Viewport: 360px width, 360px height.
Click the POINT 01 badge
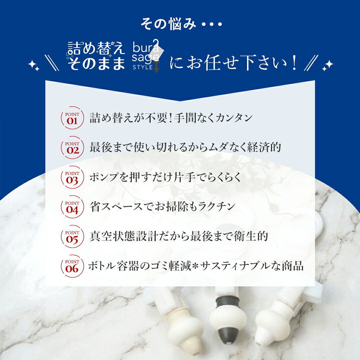coord(72,118)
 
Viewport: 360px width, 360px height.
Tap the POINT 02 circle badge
coord(72,147)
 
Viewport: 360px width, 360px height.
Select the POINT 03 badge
coord(72,177)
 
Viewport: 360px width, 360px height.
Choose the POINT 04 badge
coord(72,207)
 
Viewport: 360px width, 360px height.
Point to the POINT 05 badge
coord(72,236)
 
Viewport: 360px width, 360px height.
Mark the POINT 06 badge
coord(72,266)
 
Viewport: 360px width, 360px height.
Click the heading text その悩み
coord(168,24)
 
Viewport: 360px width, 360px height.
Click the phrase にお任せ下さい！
coord(233,62)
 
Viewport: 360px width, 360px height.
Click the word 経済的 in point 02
coord(264,147)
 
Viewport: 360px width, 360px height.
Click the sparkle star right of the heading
coord(328,65)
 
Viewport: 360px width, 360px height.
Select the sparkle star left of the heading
coord(34,65)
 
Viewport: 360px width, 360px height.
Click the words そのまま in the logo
coord(96,63)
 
